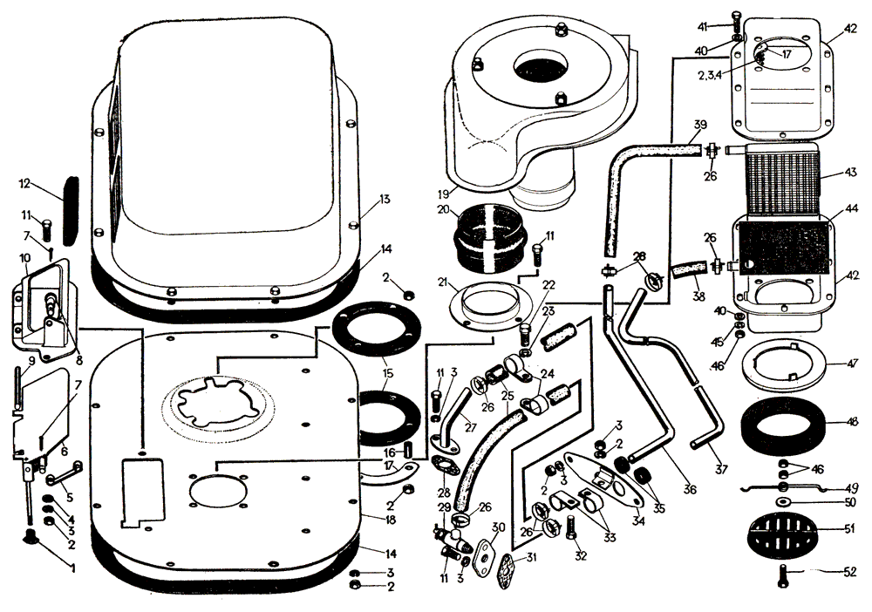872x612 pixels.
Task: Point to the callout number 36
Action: coord(691,489)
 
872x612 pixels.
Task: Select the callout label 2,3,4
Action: coord(710,76)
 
